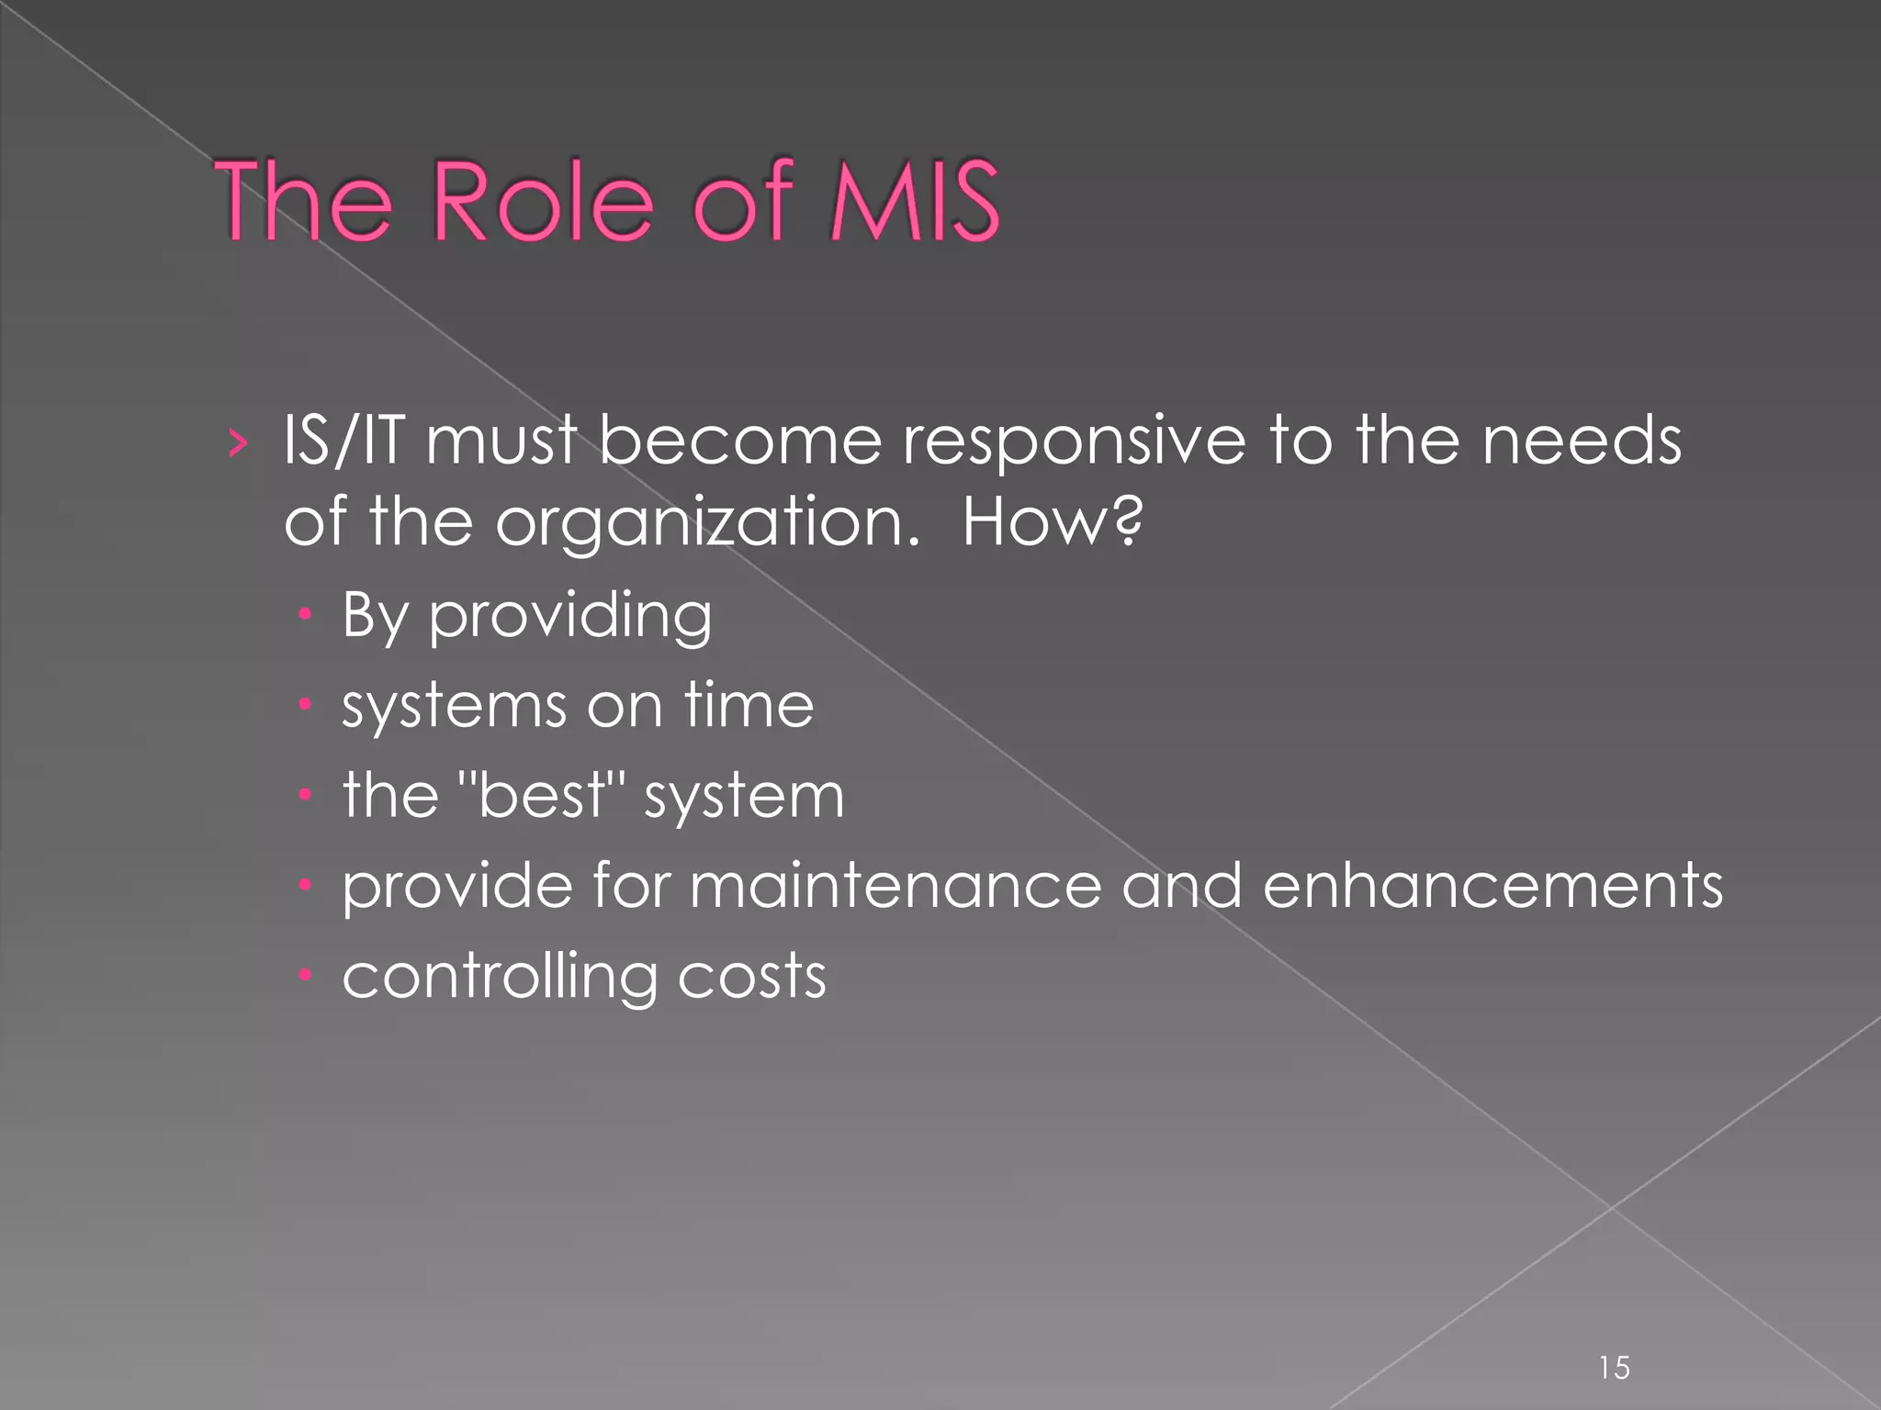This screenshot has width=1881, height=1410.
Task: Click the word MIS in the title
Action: click(914, 201)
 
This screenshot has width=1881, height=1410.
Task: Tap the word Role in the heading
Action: click(542, 201)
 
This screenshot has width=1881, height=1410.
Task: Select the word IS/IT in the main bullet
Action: click(344, 441)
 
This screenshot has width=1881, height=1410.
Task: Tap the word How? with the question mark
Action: click(1053, 521)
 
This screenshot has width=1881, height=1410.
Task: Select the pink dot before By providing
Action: click(306, 614)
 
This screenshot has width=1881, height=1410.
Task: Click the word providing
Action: click(570, 616)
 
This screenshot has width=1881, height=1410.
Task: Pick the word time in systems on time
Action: click(749, 705)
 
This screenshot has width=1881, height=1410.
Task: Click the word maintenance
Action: click(895, 886)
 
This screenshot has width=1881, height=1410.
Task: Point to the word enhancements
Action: click(1492, 886)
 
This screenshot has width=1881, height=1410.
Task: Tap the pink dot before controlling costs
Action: click(306, 975)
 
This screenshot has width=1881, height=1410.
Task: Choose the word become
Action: click(739, 441)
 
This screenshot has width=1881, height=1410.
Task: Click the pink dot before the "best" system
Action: click(306, 795)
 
